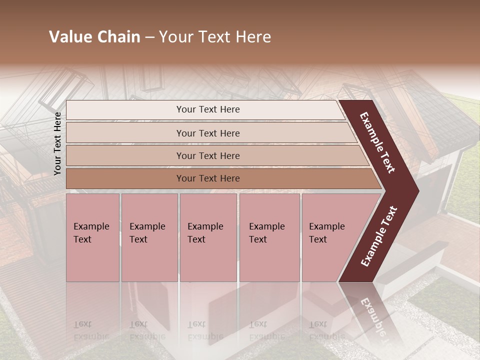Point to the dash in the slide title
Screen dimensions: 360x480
(x=149, y=37)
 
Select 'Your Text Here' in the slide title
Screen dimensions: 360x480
(x=215, y=37)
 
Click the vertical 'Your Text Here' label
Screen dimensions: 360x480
(x=57, y=143)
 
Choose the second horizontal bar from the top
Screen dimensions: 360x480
(x=207, y=133)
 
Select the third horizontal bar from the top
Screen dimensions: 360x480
(x=207, y=155)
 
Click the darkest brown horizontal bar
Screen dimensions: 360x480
(x=207, y=178)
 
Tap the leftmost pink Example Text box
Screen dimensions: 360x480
(x=92, y=237)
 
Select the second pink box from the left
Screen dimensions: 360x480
(x=149, y=237)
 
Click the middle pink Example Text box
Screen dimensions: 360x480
(x=208, y=237)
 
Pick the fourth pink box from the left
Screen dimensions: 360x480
(x=269, y=237)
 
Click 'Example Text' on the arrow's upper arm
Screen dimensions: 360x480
(x=377, y=142)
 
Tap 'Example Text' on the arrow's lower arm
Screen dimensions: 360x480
(x=379, y=236)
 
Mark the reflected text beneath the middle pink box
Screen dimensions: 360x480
(x=205, y=330)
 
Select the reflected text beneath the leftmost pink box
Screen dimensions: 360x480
(x=91, y=330)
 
